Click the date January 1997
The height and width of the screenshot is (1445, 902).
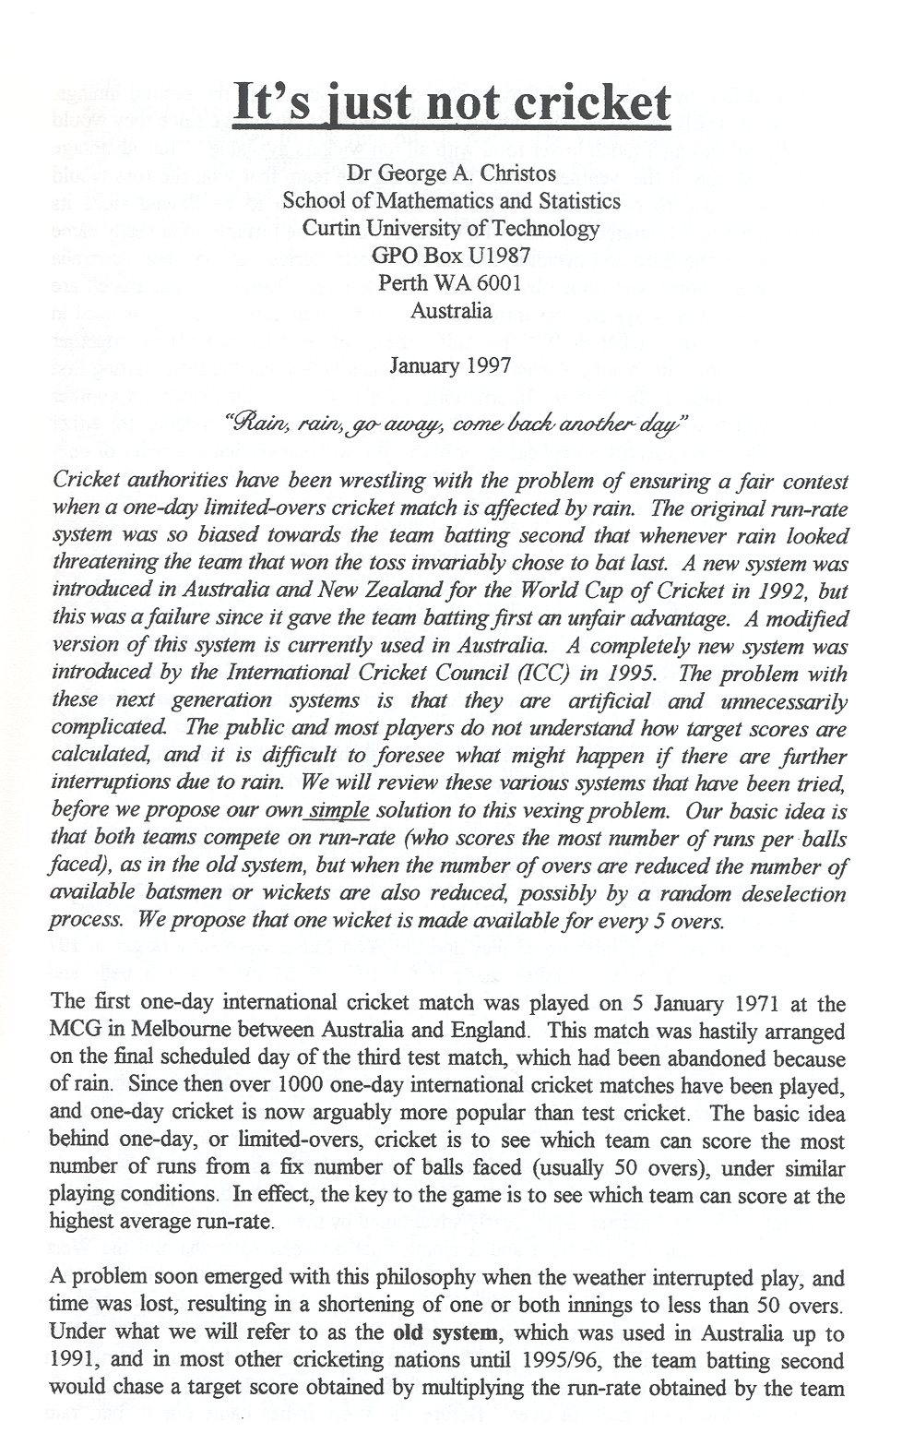click(450, 364)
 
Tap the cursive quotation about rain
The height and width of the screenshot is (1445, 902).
click(451, 428)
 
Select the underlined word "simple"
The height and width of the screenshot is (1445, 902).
click(338, 812)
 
